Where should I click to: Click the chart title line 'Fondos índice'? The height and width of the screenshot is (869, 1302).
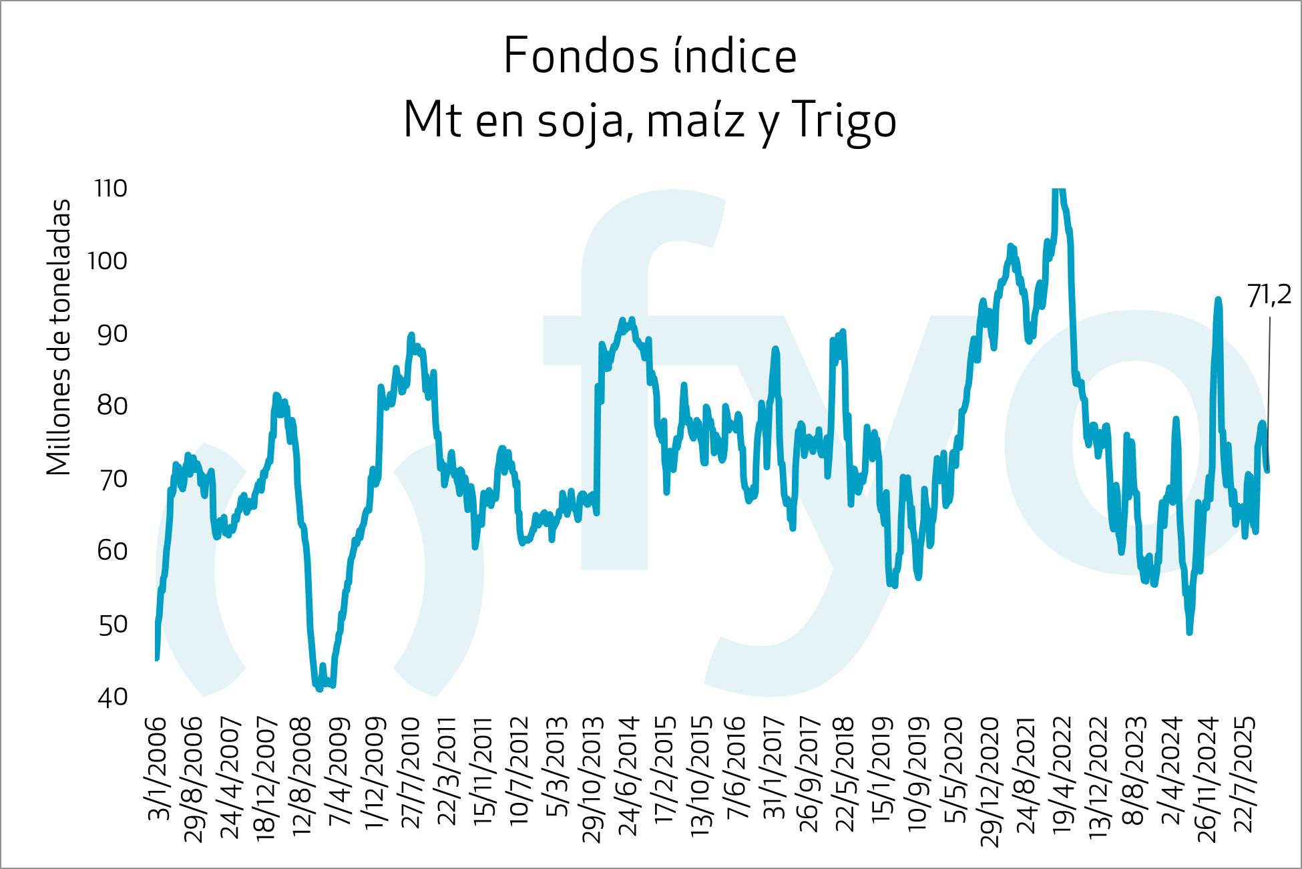pyautogui.click(x=650, y=56)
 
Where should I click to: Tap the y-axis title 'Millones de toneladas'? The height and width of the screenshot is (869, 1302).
pyautogui.click(x=59, y=337)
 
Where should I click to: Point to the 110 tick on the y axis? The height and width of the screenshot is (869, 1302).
pyautogui.click(x=111, y=189)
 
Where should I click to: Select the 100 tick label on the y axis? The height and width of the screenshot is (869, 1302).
pyautogui.click(x=107, y=261)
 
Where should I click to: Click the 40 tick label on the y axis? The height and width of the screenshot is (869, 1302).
pyautogui.click(x=112, y=697)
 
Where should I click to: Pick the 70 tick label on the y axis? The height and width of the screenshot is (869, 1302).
pyautogui.click(x=112, y=480)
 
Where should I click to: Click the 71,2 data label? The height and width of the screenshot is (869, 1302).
pyautogui.click(x=1269, y=296)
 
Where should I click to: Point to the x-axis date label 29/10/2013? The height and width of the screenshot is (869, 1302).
pyautogui.click(x=593, y=779)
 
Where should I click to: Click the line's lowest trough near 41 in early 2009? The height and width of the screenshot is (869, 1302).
pyautogui.click(x=319, y=688)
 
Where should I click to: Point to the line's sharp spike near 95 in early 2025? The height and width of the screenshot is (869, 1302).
pyautogui.click(x=1218, y=301)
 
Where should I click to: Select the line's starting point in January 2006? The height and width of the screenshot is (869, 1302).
pyautogui.click(x=157, y=658)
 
